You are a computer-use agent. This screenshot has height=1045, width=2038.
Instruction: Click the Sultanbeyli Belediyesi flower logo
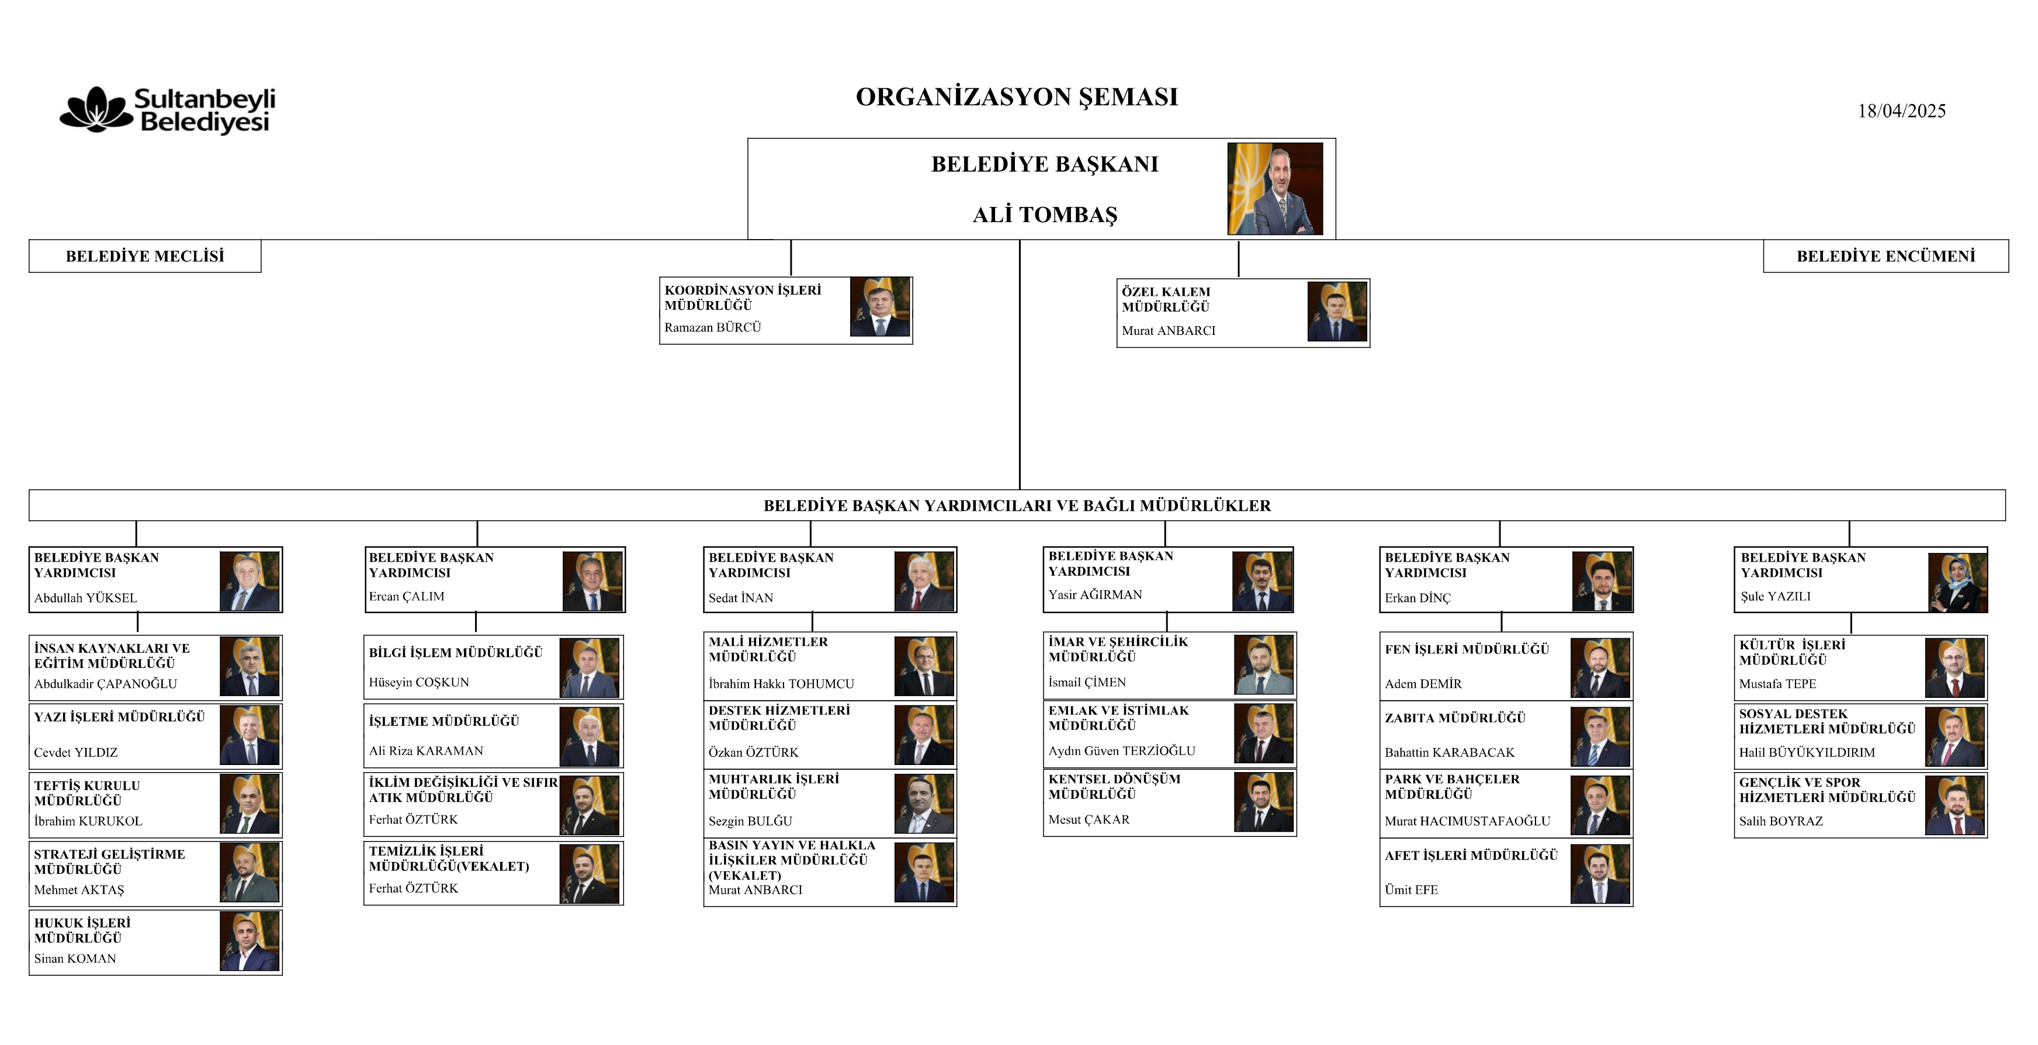tap(96, 109)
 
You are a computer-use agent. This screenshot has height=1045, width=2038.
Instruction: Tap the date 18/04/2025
tap(1901, 111)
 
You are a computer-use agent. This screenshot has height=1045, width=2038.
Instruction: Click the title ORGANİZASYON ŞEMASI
tap(1017, 96)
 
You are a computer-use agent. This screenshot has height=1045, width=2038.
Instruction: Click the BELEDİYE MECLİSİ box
tap(145, 256)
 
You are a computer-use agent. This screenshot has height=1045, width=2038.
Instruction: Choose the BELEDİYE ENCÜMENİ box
tap(1886, 256)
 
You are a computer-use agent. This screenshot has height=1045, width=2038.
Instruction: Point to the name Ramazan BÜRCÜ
tap(712, 327)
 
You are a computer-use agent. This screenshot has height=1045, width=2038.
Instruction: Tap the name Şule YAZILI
tap(1775, 596)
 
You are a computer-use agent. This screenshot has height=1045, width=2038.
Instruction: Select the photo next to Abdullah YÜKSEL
tap(249, 581)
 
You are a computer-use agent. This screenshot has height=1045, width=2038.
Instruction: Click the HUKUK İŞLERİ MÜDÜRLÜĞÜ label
tap(82, 930)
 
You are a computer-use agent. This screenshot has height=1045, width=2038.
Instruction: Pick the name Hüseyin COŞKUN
tap(418, 681)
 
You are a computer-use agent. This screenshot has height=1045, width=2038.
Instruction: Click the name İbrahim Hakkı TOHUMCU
tap(781, 683)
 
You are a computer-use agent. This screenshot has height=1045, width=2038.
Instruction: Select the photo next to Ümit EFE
tap(1600, 874)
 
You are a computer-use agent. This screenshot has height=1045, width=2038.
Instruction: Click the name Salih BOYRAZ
tap(1781, 821)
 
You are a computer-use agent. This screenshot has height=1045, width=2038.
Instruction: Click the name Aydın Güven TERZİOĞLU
tap(1122, 750)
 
